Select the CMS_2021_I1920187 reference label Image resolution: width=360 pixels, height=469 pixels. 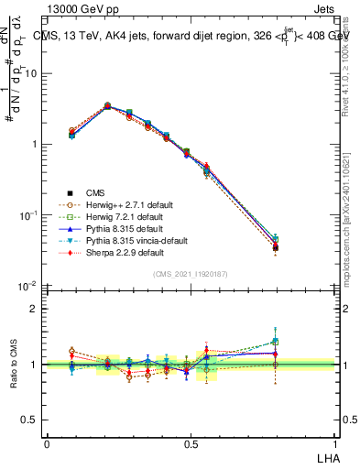(x=190, y=274)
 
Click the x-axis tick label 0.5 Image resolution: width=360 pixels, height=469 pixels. (x=190, y=443)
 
